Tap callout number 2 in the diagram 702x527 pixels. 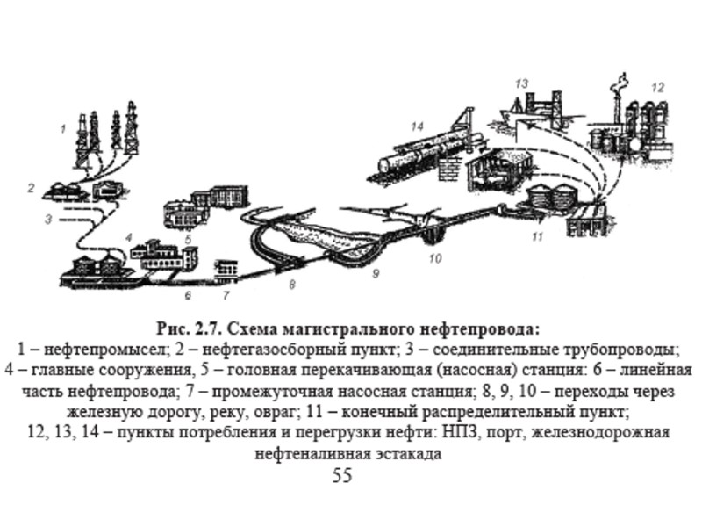tap(31, 187)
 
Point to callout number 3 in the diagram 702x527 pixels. tap(50, 218)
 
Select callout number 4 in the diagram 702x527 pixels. tap(128, 237)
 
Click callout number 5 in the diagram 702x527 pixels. tap(187, 238)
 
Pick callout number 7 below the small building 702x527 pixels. tap(226, 295)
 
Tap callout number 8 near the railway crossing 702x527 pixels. tap(292, 285)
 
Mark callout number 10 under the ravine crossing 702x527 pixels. tap(434, 259)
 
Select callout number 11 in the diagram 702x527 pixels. tap(537, 236)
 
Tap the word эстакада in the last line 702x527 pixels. tap(409, 454)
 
